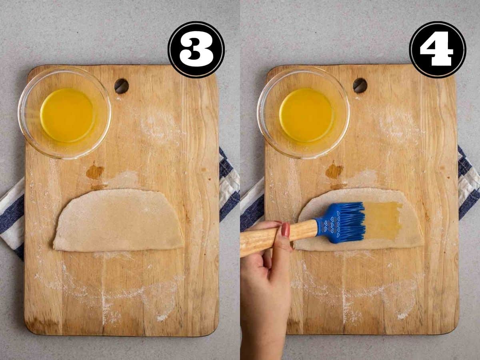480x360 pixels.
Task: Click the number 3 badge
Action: pyautogui.click(x=196, y=50)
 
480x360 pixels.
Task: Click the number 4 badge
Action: pyautogui.click(x=437, y=50)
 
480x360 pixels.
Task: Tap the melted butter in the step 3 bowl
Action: pyautogui.click(x=67, y=115)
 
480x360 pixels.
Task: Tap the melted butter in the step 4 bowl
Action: pyautogui.click(x=306, y=115)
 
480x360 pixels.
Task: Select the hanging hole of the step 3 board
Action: pyautogui.click(x=121, y=86)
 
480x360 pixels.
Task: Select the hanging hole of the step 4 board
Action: pyautogui.click(x=360, y=86)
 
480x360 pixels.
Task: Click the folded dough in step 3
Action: pyautogui.click(x=118, y=221)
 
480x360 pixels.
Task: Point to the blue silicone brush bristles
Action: pyautogui.click(x=348, y=222)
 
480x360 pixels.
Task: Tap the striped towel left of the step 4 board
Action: pyautogui.click(x=252, y=208)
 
